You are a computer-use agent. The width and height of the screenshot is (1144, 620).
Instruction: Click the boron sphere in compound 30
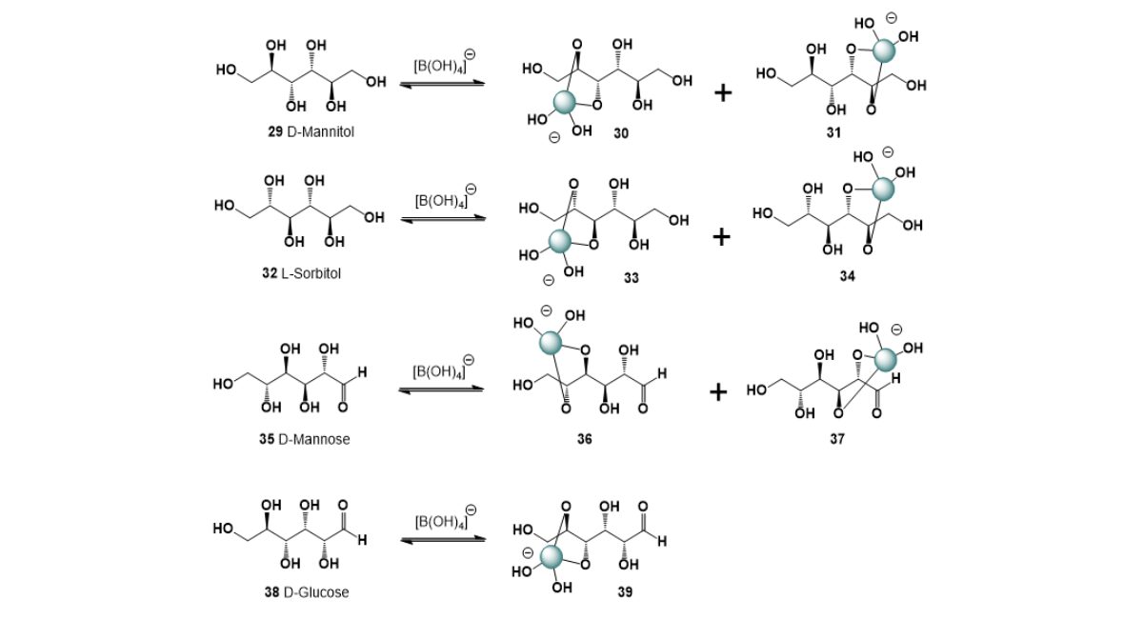click(x=564, y=103)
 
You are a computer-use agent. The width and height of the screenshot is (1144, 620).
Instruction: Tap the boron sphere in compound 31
click(x=884, y=51)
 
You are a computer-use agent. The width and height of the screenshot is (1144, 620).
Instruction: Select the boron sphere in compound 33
click(x=559, y=241)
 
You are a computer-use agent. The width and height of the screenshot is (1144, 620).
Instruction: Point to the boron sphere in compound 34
click(x=883, y=189)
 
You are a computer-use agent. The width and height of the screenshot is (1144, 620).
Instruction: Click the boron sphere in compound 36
click(x=551, y=343)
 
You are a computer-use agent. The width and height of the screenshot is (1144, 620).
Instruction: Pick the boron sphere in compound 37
click(x=885, y=360)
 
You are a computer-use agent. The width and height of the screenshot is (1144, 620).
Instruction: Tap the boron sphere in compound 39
click(x=552, y=557)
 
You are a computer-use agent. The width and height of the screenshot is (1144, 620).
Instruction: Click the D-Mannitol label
click(x=320, y=131)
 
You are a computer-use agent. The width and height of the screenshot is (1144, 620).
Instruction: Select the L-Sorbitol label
click(x=311, y=273)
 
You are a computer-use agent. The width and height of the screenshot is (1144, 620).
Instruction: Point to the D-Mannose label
click(x=314, y=439)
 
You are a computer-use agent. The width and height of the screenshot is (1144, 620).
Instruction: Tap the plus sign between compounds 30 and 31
click(x=723, y=93)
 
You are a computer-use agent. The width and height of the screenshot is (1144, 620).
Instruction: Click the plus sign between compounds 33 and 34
click(x=721, y=237)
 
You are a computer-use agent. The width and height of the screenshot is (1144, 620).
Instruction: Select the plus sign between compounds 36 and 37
click(x=718, y=392)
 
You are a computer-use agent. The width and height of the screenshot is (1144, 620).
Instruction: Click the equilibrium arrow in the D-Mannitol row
click(x=442, y=84)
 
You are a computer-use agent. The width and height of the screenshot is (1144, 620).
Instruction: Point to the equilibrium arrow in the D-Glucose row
click(x=443, y=540)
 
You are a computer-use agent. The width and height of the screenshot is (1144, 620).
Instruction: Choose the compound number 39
click(x=625, y=592)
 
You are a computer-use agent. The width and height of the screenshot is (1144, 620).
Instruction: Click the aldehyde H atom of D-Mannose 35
click(x=362, y=372)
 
